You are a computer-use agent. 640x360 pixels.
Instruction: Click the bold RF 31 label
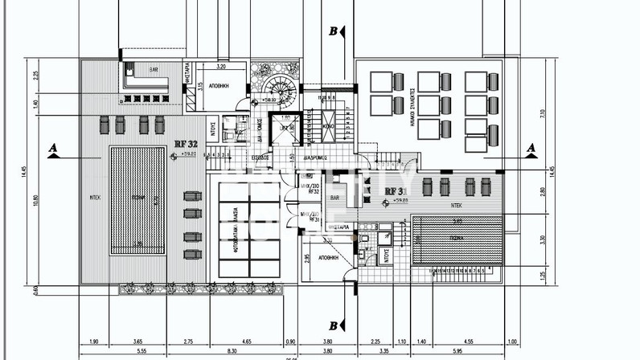pyautogui.click(x=395, y=190)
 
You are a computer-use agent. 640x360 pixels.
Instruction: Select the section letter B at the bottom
pyautogui.click(x=332, y=325)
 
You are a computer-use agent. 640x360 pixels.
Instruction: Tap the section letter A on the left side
pyautogui.click(x=53, y=148)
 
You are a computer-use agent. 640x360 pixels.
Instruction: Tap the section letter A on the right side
pyautogui.click(x=530, y=148)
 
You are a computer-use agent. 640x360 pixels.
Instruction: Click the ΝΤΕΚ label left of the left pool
pyautogui.click(x=94, y=195)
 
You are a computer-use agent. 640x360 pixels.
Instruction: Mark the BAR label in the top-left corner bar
pyautogui.click(x=146, y=69)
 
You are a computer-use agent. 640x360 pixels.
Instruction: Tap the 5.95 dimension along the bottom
pyautogui.click(x=457, y=350)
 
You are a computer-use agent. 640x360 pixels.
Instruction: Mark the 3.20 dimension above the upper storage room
pyautogui.click(x=220, y=67)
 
